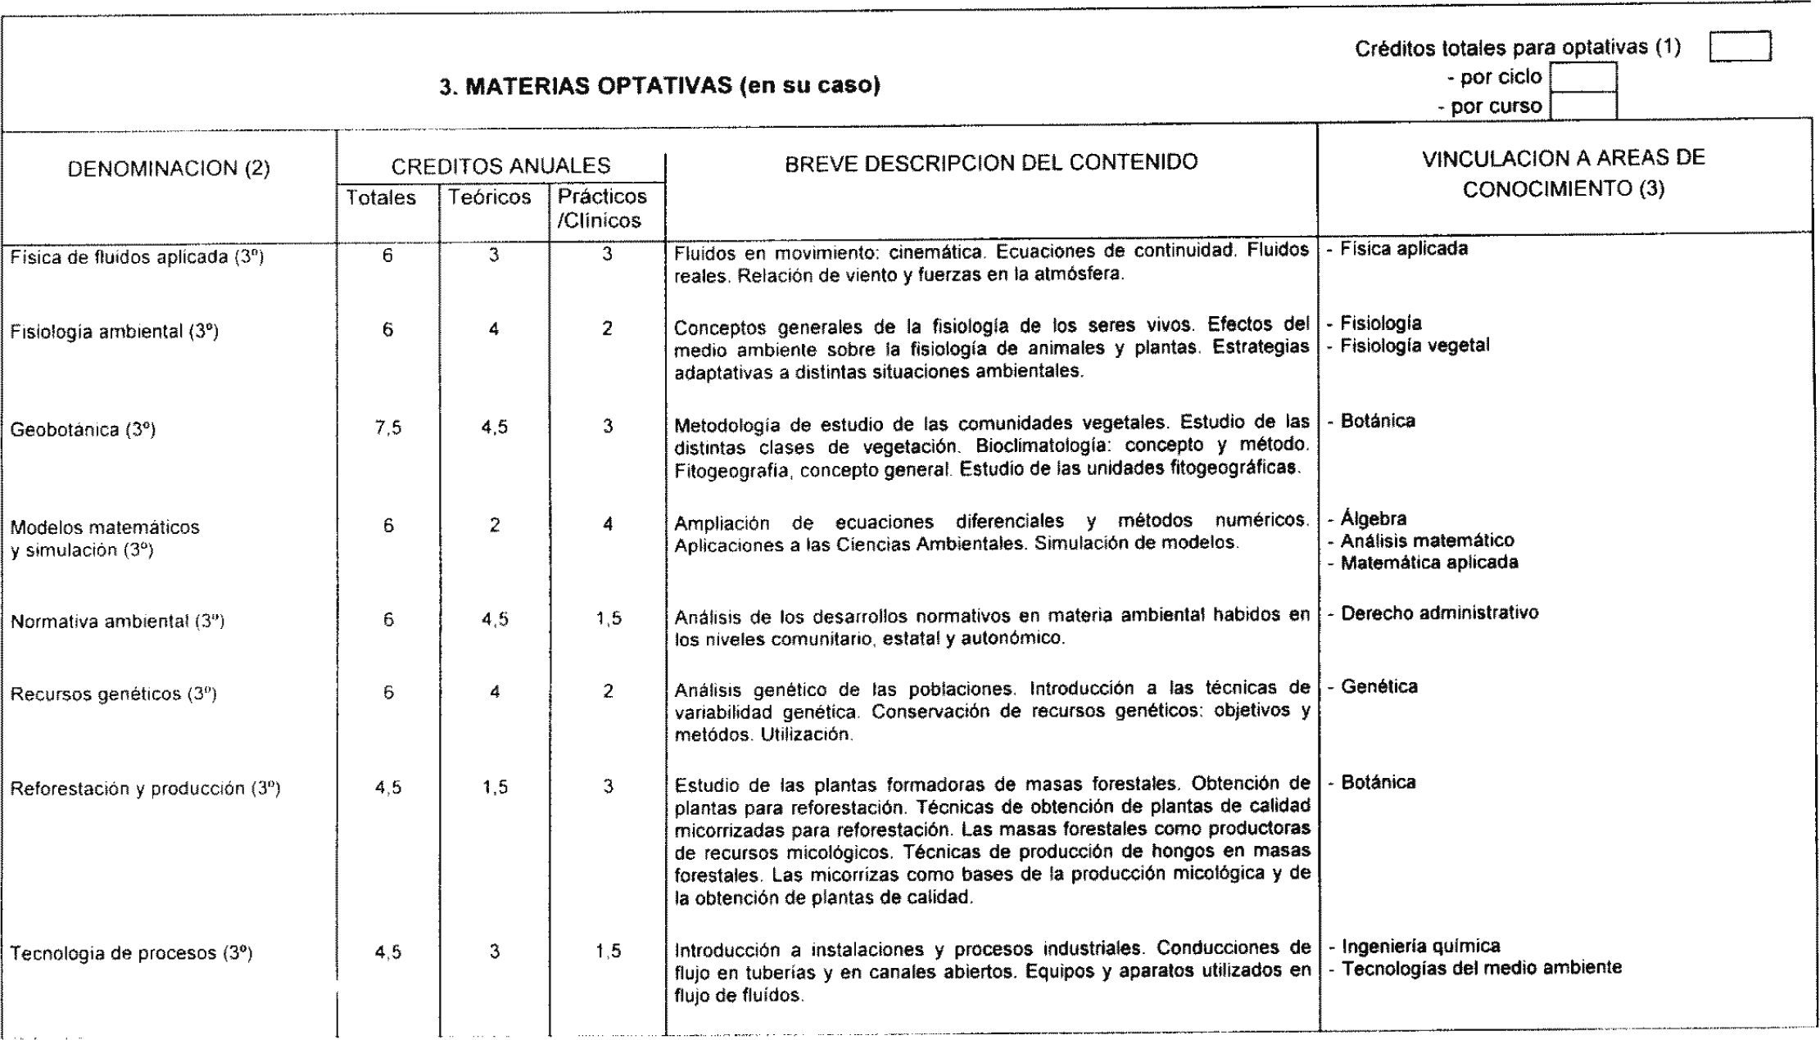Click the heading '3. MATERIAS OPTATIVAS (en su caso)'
coord(659,86)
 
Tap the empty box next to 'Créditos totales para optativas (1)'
coord(1740,47)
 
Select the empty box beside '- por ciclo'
coord(1583,78)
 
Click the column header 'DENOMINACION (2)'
coord(169,169)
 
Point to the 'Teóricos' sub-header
coord(490,197)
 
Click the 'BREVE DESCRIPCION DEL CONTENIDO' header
coord(991,162)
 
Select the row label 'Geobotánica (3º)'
coord(83,430)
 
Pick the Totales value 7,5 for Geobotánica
coord(388,427)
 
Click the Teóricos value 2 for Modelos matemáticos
coord(495,526)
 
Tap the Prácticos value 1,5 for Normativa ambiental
coord(608,620)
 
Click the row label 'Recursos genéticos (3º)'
coord(113,694)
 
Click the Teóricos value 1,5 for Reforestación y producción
coord(495,788)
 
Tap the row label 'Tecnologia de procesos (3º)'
coord(131,954)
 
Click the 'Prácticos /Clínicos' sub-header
coord(602,209)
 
